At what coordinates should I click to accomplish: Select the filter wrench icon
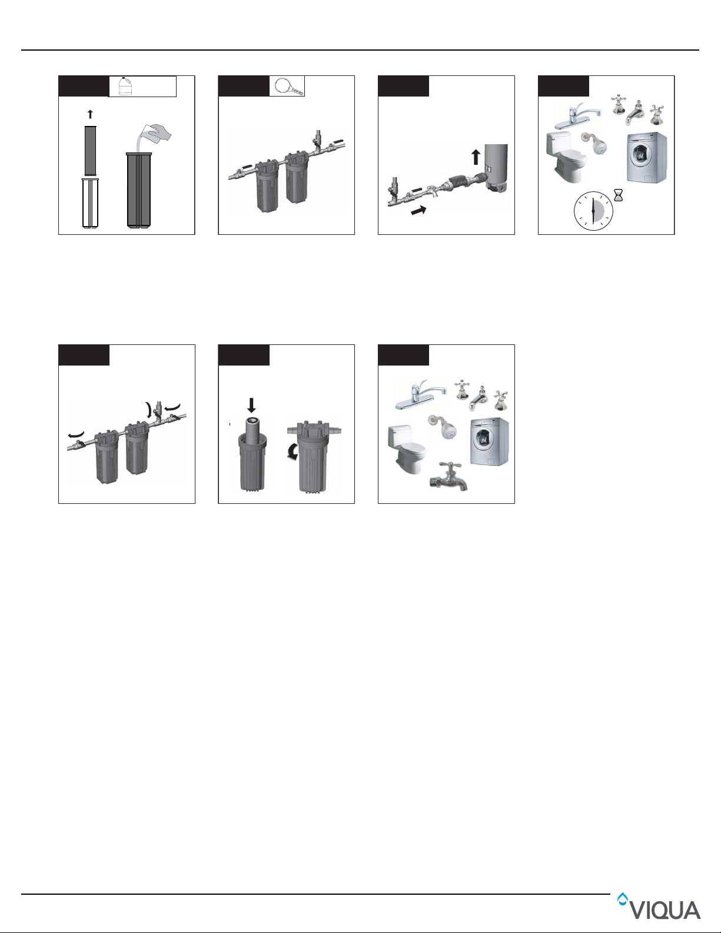[x=288, y=86]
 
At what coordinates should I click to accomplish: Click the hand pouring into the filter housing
[x=158, y=132]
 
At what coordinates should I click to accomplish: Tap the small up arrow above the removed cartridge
[x=90, y=114]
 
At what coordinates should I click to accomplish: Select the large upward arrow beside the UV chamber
[x=476, y=157]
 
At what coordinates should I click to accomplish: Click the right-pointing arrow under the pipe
[x=419, y=210]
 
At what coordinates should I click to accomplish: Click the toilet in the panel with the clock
[x=566, y=157]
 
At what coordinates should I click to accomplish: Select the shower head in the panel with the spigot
[x=442, y=427]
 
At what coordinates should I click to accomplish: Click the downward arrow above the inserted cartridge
[x=251, y=406]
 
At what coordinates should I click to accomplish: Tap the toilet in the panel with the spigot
[x=407, y=450]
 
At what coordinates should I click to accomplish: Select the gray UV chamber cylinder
[x=496, y=167]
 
